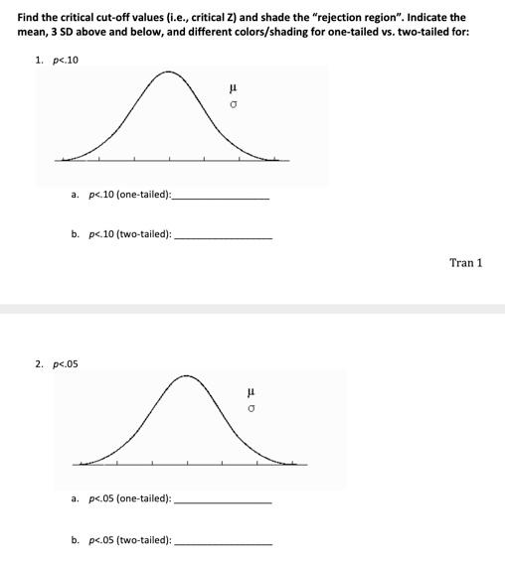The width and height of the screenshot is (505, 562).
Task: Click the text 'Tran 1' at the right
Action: [x=465, y=262]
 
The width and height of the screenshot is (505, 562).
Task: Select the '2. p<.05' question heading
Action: [x=56, y=364]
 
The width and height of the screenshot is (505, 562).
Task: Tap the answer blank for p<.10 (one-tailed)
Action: [x=220, y=198]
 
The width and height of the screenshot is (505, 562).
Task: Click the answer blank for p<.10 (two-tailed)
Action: [x=223, y=237]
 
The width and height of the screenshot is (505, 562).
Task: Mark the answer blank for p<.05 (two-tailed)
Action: [x=223, y=543]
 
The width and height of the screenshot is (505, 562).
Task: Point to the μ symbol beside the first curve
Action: [x=233, y=91]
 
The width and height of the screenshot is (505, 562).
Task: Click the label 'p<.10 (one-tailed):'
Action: [x=128, y=195]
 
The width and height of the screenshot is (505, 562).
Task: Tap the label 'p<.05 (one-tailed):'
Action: [x=129, y=499]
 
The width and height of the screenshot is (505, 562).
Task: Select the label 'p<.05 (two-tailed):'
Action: [x=129, y=541]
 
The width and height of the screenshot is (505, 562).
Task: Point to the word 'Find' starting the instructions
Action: [x=30, y=17]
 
